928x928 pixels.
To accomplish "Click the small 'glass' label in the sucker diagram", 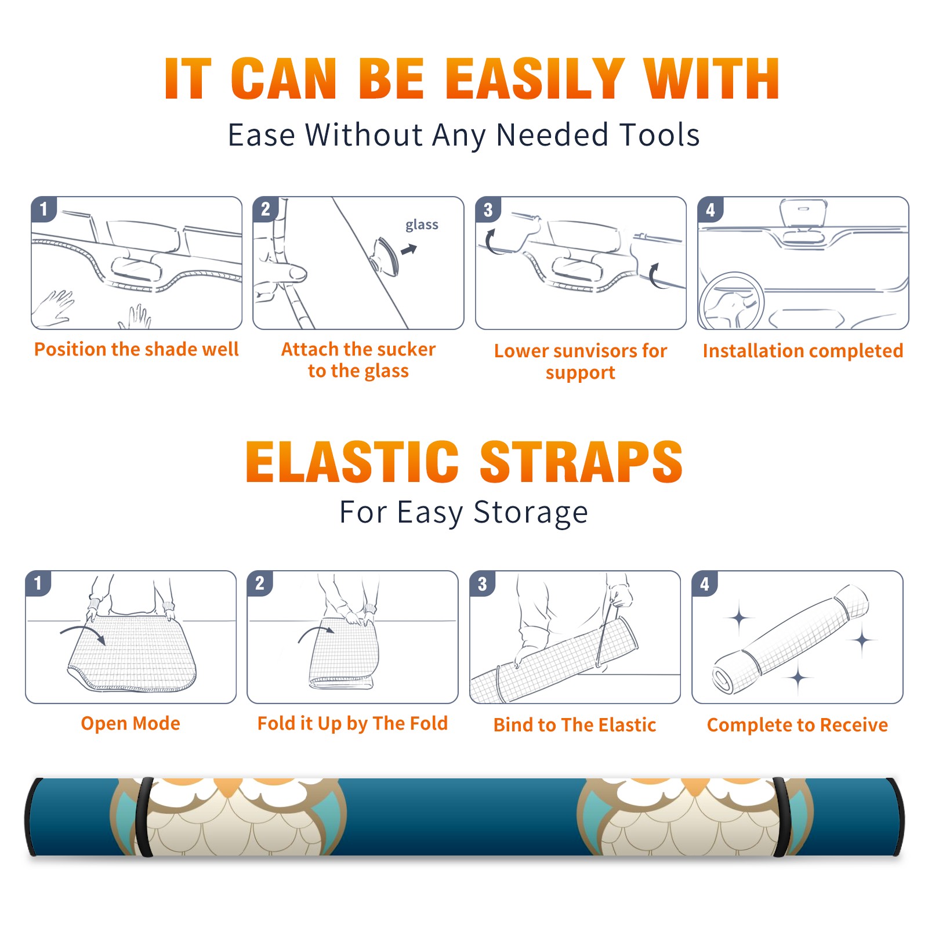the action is coord(422,225).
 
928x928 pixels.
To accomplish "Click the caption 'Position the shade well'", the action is coord(136,349).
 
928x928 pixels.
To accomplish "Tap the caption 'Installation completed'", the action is coord(803,350).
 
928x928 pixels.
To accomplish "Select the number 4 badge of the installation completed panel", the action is coord(710,210).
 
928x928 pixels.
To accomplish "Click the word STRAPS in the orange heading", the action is coord(581,462).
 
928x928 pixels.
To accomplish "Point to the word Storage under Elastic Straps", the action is coord(531,513).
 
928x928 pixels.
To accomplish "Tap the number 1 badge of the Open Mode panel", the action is coord(38,583).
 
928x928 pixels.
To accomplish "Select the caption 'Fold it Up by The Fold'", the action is coord(353,723).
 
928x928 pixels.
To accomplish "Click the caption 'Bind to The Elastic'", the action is coord(575,724).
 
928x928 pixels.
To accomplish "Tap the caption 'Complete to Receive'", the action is coord(797,724).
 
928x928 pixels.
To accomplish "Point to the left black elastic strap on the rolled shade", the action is coord(144,817).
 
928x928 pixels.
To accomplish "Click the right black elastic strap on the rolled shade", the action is coord(782,817).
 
